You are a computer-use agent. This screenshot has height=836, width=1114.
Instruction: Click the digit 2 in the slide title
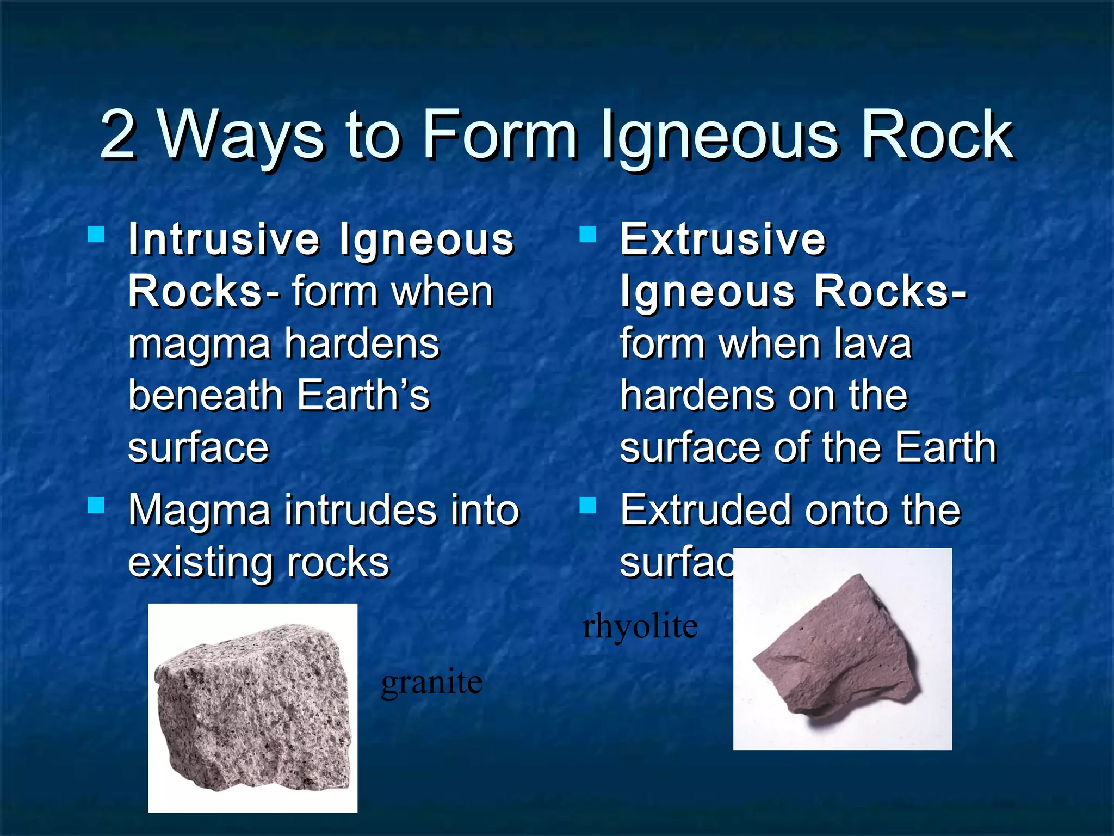coord(118,134)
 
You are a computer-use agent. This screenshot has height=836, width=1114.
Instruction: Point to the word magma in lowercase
coord(199,345)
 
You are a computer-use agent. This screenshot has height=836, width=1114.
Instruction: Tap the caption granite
coord(431,681)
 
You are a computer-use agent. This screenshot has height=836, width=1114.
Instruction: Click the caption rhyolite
coord(640,626)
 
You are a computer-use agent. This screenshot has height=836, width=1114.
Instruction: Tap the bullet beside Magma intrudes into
coord(96,506)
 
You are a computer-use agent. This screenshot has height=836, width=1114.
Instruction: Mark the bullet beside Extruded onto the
coord(588,506)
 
